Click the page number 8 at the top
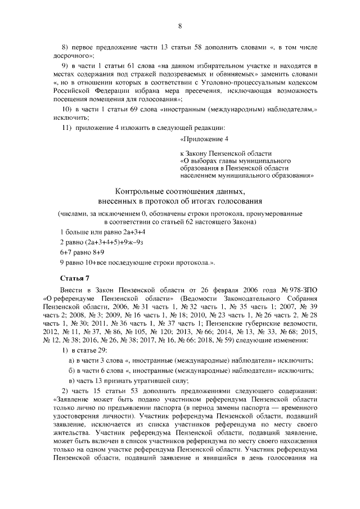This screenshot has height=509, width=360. pos(179,26)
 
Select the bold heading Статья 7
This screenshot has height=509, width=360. pos(74,278)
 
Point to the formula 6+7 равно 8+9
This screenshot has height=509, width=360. pos(83,252)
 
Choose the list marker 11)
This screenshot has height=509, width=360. pos(67,128)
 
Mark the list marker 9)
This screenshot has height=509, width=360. pos(65,65)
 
